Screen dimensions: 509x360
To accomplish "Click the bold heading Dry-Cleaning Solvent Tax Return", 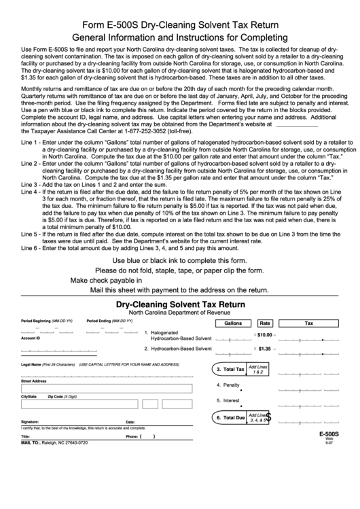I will tap(179, 306).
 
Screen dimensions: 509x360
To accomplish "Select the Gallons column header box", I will tap(228, 323).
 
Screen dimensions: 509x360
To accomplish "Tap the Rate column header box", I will tap(265, 323).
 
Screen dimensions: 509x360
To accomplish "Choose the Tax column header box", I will tap(309, 323).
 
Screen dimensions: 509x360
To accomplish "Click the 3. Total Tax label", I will tap(230, 369).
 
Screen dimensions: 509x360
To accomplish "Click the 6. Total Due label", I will tap(230, 417).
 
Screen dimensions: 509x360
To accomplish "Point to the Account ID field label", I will tap(31, 338).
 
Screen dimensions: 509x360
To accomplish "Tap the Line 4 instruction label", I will tap(30, 192).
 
